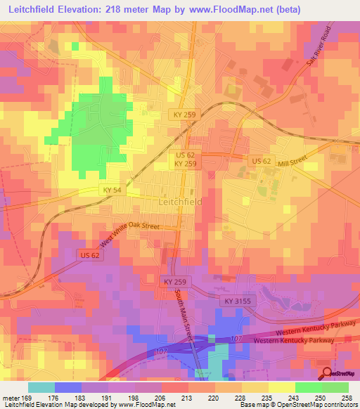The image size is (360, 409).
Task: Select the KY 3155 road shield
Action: (238, 301)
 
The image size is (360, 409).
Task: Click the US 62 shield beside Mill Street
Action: (262, 162)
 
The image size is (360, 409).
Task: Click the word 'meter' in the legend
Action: (11, 398)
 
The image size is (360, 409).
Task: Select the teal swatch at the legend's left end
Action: (41, 387)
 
